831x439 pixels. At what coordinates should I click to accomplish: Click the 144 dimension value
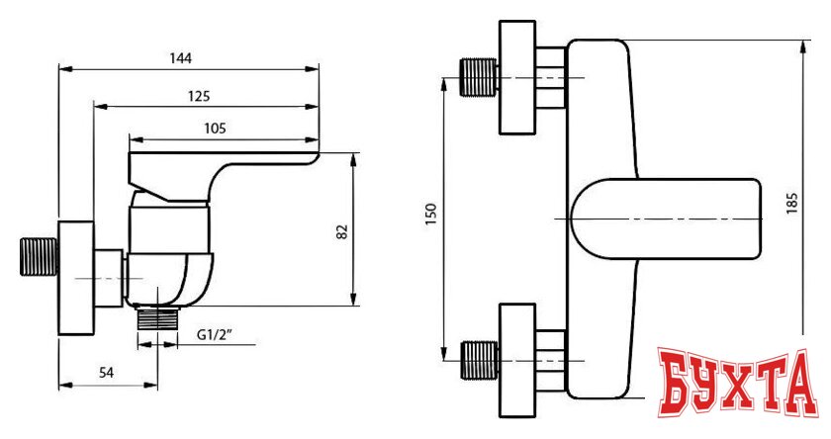point(181,57)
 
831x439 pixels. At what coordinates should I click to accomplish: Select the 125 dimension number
point(199,96)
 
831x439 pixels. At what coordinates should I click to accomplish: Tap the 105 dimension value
point(215,129)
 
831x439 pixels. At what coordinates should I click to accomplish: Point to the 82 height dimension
point(343,231)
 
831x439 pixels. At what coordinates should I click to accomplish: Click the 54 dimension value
point(106,373)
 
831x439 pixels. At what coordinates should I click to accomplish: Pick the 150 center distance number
point(431,215)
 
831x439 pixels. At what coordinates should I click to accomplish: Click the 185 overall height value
point(791,204)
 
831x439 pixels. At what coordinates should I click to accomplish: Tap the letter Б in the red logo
point(677,382)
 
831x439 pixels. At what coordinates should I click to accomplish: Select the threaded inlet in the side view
point(39,257)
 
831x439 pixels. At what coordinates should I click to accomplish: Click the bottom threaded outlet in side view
point(157,317)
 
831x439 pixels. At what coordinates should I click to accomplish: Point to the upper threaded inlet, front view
point(479,77)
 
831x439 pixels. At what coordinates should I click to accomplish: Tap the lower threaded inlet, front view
point(479,361)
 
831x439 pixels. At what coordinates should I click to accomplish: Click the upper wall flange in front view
point(517,77)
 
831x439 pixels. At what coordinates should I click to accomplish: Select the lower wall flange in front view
point(517,361)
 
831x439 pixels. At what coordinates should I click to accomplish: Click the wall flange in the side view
point(76,278)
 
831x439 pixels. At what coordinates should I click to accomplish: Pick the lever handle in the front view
point(666,219)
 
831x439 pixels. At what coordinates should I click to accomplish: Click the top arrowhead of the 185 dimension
point(803,46)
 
